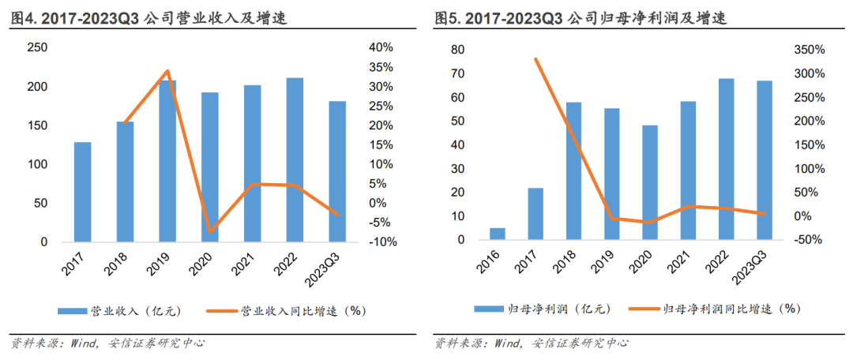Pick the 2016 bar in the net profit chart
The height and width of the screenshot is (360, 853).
coord(498,234)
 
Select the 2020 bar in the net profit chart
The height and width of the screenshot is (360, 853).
coord(649,182)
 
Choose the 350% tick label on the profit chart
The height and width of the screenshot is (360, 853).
coord(809,50)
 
